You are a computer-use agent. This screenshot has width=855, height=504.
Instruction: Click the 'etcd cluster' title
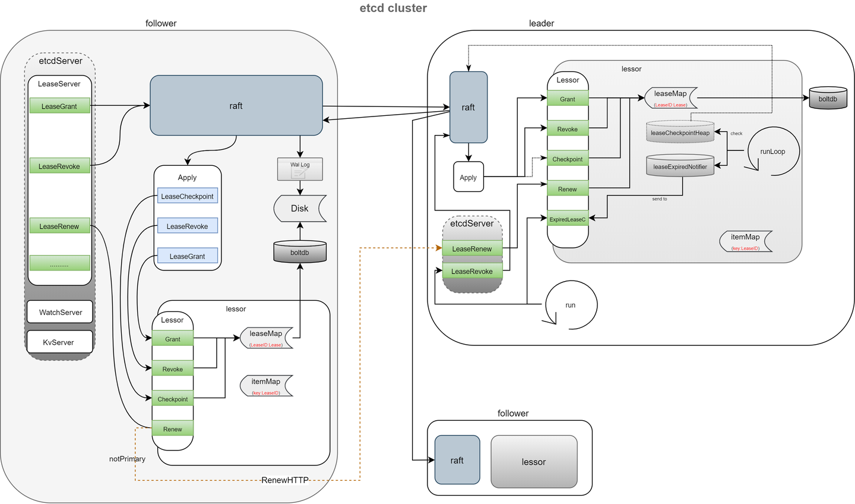pyautogui.click(x=393, y=8)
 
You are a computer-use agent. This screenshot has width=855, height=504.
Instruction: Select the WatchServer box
pyautogui.click(x=60, y=312)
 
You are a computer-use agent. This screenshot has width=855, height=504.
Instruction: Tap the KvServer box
pyautogui.click(x=59, y=342)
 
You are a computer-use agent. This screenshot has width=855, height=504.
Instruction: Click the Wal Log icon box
pyautogui.click(x=300, y=169)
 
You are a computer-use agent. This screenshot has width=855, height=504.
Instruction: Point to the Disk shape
pyautogui.click(x=300, y=209)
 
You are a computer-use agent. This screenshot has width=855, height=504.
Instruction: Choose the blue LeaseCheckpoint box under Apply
pyautogui.click(x=187, y=196)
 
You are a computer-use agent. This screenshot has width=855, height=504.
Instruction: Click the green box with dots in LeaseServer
pyautogui.click(x=59, y=263)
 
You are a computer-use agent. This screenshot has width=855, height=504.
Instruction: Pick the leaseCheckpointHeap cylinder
pyautogui.click(x=680, y=132)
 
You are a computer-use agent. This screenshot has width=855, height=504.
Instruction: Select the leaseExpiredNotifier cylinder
pyautogui.click(x=680, y=166)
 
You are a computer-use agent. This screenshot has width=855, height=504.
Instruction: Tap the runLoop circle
pyautogui.click(x=772, y=152)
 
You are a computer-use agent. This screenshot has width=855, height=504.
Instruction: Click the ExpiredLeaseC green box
pyautogui.click(x=567, y=219)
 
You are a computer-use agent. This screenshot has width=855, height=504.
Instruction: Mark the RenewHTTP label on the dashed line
pyautogui.click(x=285, y=480)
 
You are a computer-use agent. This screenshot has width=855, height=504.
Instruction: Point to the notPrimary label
pyautogui.click(x=127, y=459)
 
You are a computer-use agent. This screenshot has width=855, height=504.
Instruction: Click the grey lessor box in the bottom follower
pyautogui.click(x=534, y=462)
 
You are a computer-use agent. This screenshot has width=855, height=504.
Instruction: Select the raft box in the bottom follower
pyautogui.click(x=457, y=460)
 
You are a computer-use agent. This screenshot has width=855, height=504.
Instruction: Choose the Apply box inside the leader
pyautogui.click(x=468, y=177)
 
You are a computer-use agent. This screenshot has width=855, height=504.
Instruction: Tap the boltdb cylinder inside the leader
pyautogui.click(x=827, y=99)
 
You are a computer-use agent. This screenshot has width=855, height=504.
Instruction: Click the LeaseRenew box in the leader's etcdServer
pyautogui.click(x=472, y=249)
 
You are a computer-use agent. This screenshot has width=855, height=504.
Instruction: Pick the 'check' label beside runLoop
pyautogui.click(x=736, y=134)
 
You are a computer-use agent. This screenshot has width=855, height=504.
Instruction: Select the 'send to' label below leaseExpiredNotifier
pyautogui.click(x=660, y=199)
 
